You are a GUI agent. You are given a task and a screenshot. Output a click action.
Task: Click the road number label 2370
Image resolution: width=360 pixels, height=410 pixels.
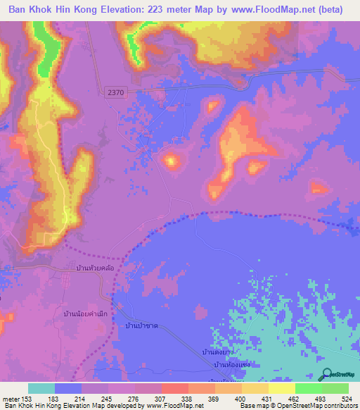point(117,92)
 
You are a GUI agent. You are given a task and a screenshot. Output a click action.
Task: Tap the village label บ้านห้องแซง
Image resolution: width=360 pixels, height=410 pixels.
point(232,364)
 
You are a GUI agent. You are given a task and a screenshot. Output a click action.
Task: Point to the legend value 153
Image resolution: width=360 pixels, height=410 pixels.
point(29,399)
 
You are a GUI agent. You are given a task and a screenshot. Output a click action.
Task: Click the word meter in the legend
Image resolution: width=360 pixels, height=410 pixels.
point(11,399)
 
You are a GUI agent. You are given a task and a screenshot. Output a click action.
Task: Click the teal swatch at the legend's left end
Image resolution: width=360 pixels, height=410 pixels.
point(41,388)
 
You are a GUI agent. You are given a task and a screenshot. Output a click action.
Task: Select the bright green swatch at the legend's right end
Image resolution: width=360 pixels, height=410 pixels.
point(335,388)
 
